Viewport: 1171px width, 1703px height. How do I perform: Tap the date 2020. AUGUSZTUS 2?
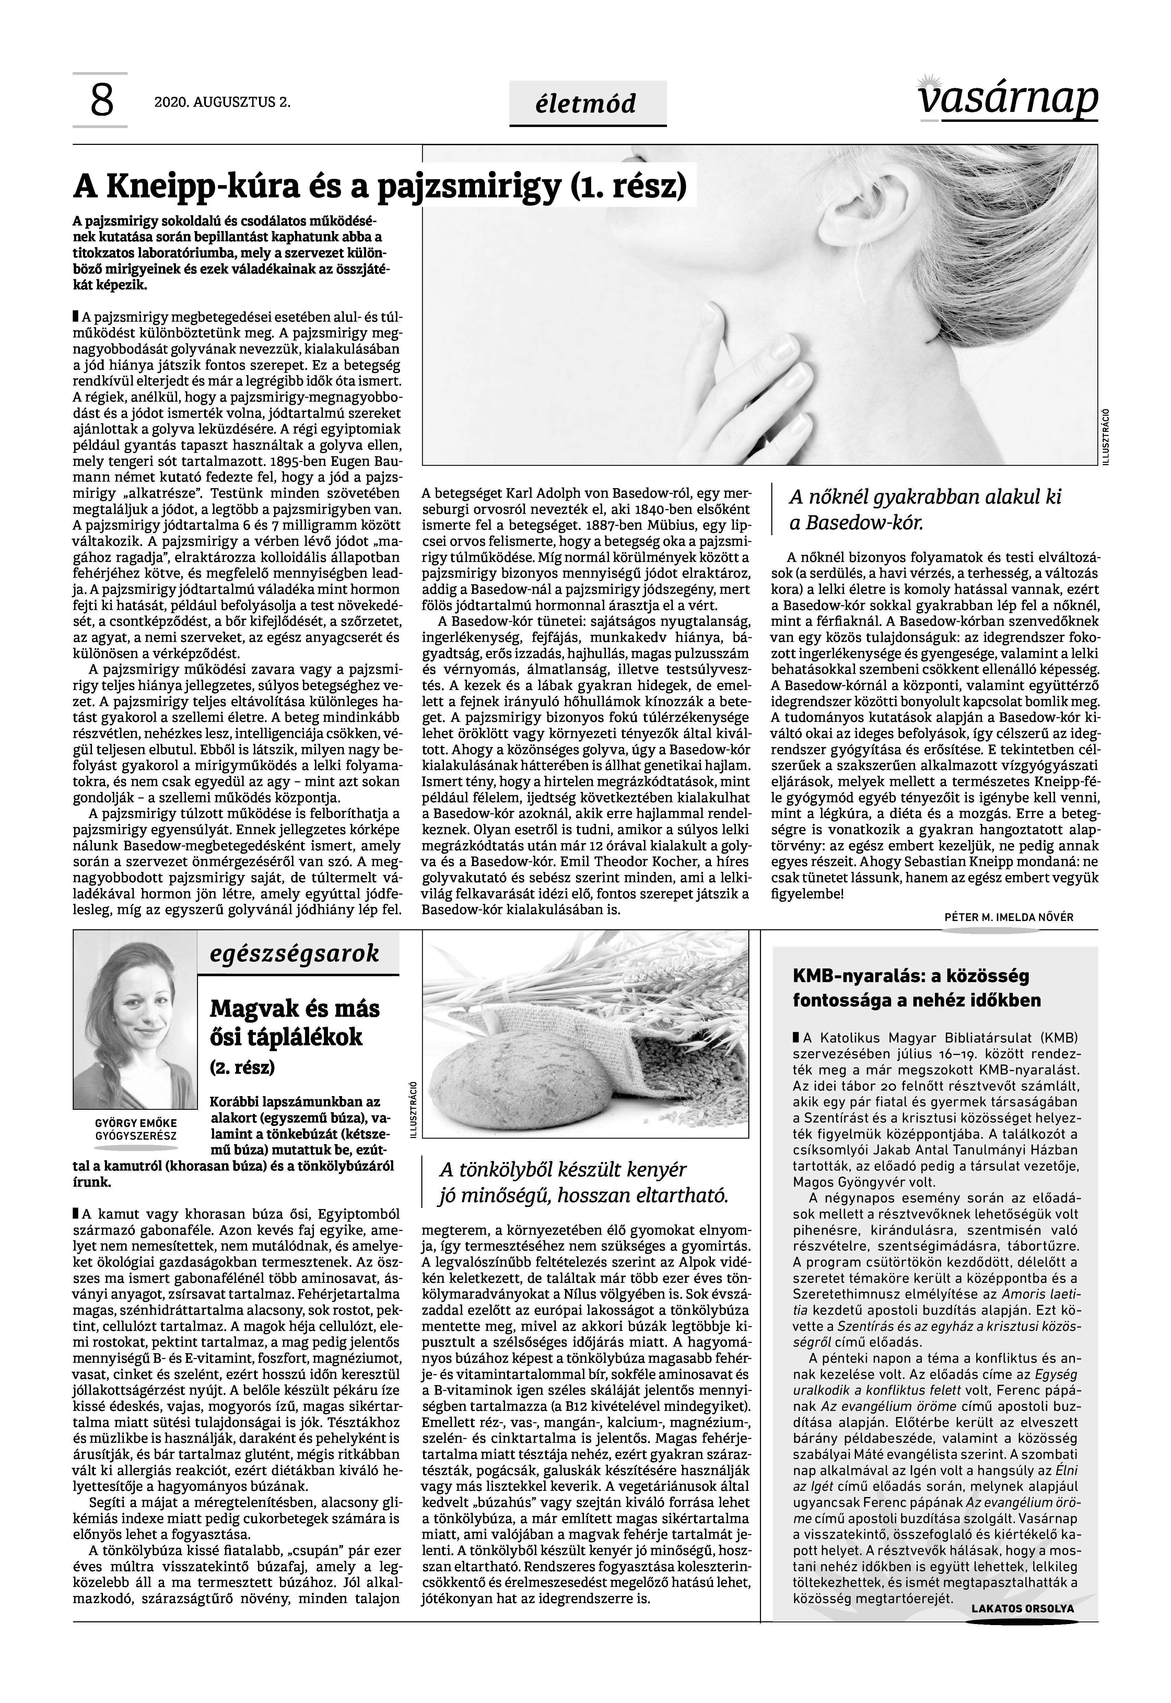[x=222, y=103]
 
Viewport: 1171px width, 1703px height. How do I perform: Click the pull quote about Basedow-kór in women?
[x=924, y=509]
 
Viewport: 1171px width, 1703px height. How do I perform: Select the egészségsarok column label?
[x=294, y=954]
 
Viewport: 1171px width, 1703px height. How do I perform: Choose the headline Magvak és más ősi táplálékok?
[x=295, y=1023]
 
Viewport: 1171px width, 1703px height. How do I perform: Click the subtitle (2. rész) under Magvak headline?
[x=242, y=1067]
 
